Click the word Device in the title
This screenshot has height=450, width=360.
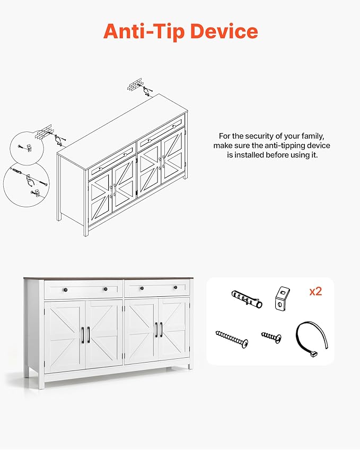point(224,31)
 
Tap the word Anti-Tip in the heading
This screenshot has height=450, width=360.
point(144,31)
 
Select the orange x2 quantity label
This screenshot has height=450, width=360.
point(315,292)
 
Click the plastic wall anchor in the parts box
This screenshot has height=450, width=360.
point(247,299)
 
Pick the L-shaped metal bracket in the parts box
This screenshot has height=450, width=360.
point(282,298)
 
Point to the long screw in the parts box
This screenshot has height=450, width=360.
point(232,339)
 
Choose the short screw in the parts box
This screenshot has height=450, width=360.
point(271,337)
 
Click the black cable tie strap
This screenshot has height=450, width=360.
point(311,339)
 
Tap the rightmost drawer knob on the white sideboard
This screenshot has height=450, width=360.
point(175,288)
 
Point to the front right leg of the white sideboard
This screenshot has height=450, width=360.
point(189,366)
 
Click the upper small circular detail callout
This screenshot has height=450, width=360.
point(27,148)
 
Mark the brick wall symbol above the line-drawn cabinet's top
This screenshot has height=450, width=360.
point(135,84)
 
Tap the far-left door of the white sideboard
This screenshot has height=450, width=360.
point(65,337)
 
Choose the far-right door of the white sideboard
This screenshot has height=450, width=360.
point(174,331)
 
